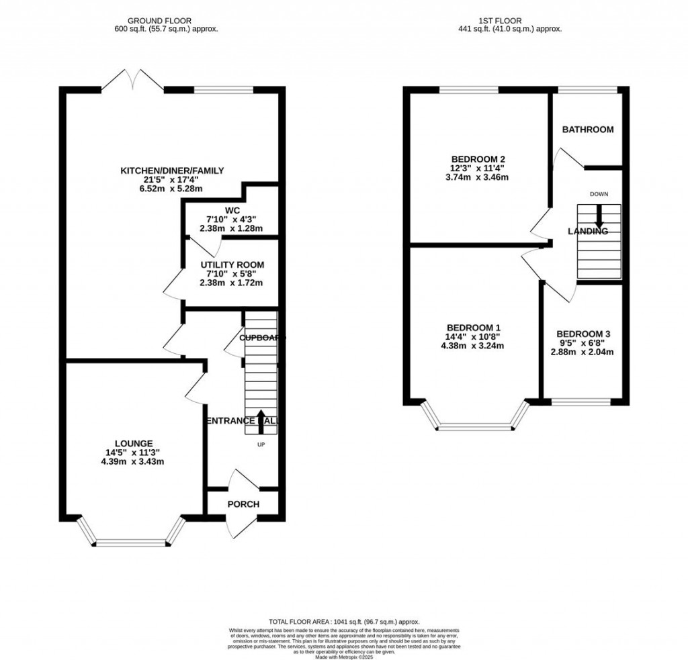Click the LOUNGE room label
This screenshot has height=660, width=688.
(x=133, y=443)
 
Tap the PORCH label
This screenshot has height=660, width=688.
(x=243, y=504)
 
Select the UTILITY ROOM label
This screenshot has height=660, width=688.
(x=232, y=265)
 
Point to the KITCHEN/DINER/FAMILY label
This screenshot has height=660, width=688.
(x=171, y=171)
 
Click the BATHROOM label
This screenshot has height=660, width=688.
(x=588, y=130)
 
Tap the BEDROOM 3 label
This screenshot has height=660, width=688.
(x=583, y=334)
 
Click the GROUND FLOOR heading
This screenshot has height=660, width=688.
(x=166, y=21)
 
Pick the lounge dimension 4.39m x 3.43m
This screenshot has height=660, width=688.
(x=133, y=461)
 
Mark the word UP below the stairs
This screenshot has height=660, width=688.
(x=261, y=444)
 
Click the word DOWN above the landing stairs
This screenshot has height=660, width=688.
(x=599, y=194)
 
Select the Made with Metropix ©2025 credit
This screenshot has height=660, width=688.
(x=343, y=652)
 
